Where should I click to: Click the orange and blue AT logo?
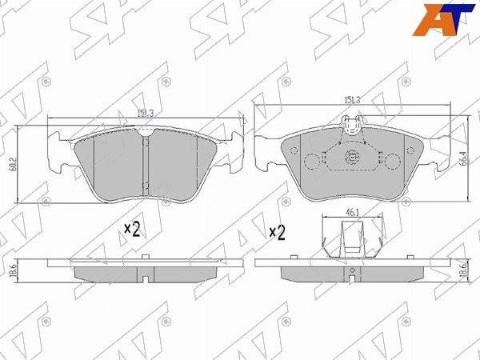point(443,20)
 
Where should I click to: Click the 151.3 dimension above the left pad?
point(146,114)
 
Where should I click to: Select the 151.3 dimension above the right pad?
point(352,100)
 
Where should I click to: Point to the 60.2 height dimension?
point(13,164)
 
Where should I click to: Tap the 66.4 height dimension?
point(463,158)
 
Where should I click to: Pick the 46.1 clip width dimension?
point(352,213)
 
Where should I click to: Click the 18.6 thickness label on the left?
point(13,271)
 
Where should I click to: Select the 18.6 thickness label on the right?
point(463,270)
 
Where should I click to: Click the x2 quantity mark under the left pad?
point(132,230)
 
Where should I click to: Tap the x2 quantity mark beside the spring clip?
point(278,233)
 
